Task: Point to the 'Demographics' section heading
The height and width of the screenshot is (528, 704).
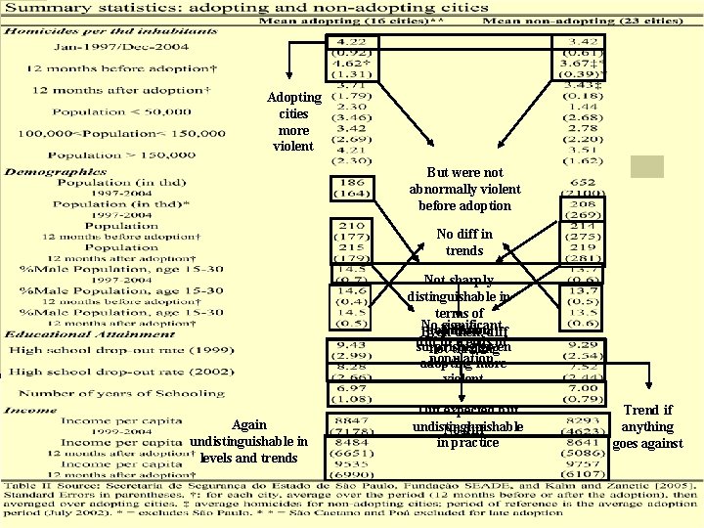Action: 54,172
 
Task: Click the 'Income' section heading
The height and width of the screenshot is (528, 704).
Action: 29,410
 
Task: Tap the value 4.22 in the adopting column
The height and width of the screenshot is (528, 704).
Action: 351,42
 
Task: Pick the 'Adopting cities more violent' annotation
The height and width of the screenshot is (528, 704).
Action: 294,122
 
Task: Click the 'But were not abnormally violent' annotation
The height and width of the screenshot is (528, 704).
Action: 464,190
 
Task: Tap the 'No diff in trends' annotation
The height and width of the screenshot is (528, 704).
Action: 464,242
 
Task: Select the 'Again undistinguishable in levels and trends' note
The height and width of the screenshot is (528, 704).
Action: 249,441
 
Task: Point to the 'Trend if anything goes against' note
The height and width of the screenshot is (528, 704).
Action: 646,427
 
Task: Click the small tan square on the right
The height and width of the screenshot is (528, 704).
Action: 646,166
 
